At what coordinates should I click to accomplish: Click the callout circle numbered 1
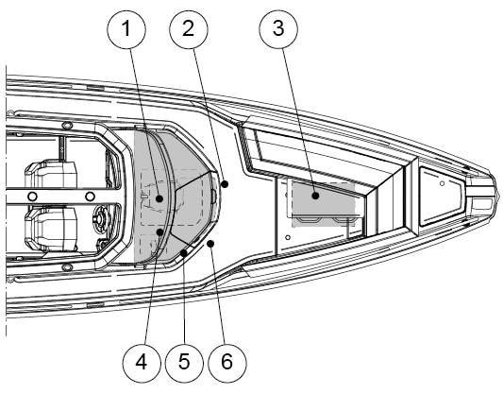(x=126, y=29)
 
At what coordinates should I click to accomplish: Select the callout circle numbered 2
(x=189, y=29)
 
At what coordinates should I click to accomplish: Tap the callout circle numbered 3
(x=278, y=29)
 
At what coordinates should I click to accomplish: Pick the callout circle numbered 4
(x=142, y=363)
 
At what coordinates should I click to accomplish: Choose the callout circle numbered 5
(x=184, y=363)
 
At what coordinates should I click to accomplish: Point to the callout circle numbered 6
(x=227, y=363)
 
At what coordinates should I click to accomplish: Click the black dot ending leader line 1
(x=159, y=198)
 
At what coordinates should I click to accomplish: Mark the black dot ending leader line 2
(x=225, y=184)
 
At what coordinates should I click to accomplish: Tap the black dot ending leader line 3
(x=315, y=196)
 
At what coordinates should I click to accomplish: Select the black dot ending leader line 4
(x=159, y=231)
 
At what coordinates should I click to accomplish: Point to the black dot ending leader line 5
(x=184, y=253)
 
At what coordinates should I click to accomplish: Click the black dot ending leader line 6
(x=210, y=244)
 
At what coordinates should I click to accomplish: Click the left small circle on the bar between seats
(x=32, y=196)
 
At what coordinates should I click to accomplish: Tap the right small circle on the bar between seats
(x=90, y=196)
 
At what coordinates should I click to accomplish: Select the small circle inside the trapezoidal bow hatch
(x=442, y=183)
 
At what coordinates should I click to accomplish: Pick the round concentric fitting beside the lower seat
(x=100, y=218)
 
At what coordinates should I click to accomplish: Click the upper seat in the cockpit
(x=51, y=174)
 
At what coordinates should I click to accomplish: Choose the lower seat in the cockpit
(x=51, y=229)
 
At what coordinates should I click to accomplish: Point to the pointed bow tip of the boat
(x=499, y=195)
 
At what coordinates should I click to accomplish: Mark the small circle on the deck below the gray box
(x=288, y=237)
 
